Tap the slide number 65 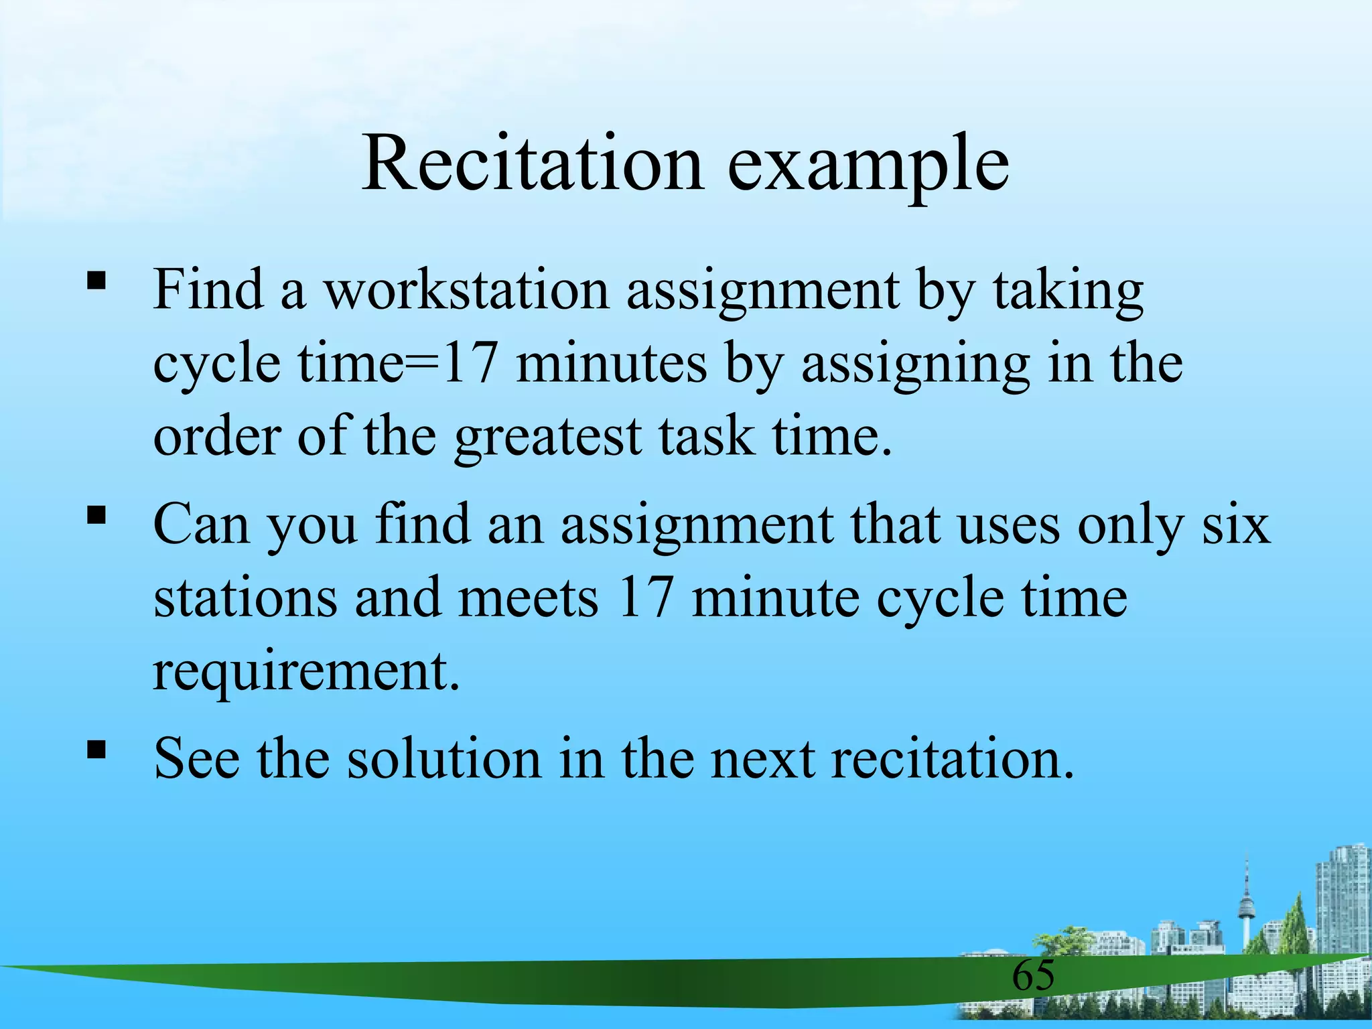[1033, 975]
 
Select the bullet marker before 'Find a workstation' [96, 279]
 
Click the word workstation [467, 289]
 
